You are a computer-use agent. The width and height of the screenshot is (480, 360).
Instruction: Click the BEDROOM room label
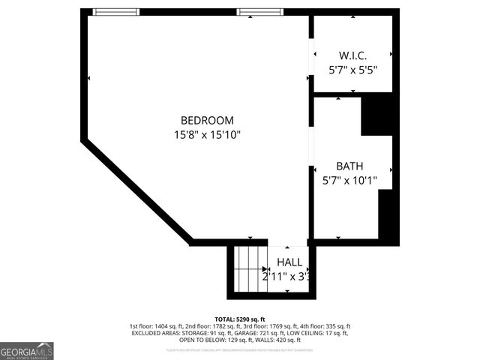[x=207, y=120]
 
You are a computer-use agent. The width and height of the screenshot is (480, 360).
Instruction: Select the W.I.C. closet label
[x=352, y=55]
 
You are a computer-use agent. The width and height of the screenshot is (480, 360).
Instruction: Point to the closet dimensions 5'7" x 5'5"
[x=352, y=70]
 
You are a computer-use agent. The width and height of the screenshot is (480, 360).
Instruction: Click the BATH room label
[x=349, y=166]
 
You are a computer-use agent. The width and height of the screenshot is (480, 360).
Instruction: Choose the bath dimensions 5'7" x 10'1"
[x=350, y=180]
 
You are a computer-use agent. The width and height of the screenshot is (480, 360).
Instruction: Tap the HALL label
[x=289, y=262]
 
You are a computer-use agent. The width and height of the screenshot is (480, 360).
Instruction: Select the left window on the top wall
[x=116, y=12]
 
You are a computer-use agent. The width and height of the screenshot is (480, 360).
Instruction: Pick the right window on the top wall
[x=259, y=12]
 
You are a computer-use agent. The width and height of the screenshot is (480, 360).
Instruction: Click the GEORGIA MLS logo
[x=27, y=350]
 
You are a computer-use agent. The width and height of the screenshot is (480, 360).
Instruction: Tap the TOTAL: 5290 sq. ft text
[x=239, y=319]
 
